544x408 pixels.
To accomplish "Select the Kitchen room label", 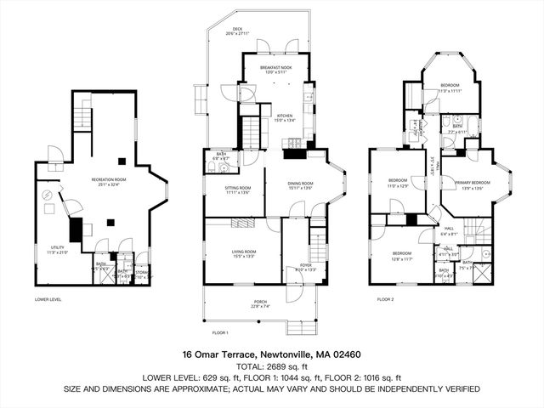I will (284, 117).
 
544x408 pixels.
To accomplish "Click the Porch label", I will (260, 303).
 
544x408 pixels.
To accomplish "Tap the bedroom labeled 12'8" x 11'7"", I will (403, 255).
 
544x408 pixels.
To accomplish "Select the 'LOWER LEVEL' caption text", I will (49, 299).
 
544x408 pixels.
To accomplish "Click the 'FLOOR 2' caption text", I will (387, 299).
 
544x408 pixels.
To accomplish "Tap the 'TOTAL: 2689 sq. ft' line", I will (272, 366).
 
